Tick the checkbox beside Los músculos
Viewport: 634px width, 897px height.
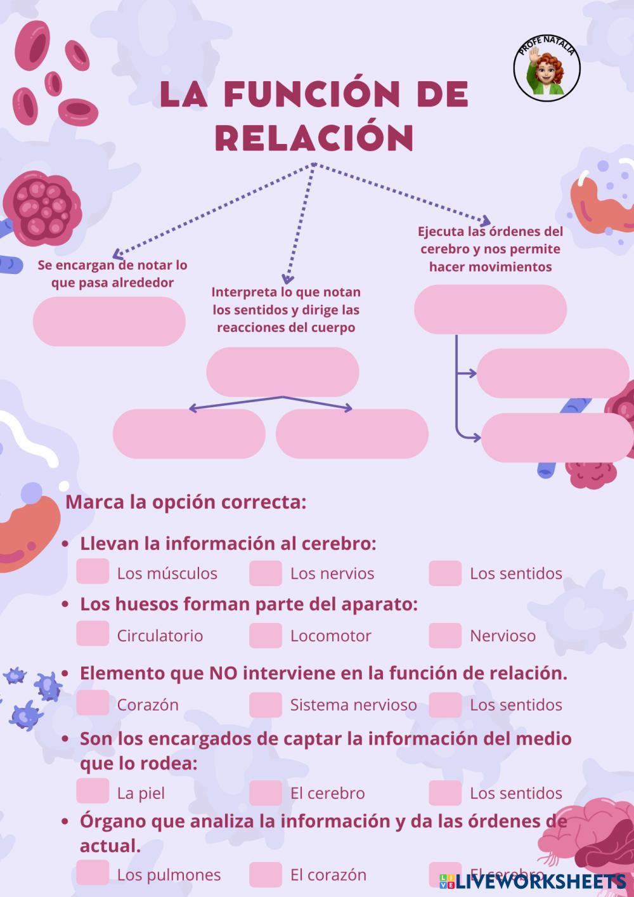coord(93,572)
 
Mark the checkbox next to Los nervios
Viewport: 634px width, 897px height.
coord(265,573)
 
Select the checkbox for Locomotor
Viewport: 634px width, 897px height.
coord(265,635)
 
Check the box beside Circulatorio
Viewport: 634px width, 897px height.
coord(93,634)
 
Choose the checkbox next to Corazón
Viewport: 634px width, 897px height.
coord(93,703)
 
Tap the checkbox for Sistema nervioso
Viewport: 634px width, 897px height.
coord(265,704)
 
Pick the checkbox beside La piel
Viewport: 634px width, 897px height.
coord(93,791)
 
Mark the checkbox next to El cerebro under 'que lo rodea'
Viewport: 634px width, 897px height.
coord(265,792)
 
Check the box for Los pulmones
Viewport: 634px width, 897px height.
coord(93,873)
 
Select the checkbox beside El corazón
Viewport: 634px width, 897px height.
coord(265,874)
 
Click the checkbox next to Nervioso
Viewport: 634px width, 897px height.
coord(444,635)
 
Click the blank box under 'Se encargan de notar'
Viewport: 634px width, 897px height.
coord(109,321)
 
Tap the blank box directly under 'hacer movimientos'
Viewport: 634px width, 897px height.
coord(490,309)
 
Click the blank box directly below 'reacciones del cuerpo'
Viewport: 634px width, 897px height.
coord(283,372)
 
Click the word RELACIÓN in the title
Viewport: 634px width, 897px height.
coord(315,137)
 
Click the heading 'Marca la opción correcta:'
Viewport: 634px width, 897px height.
coord(186,502)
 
